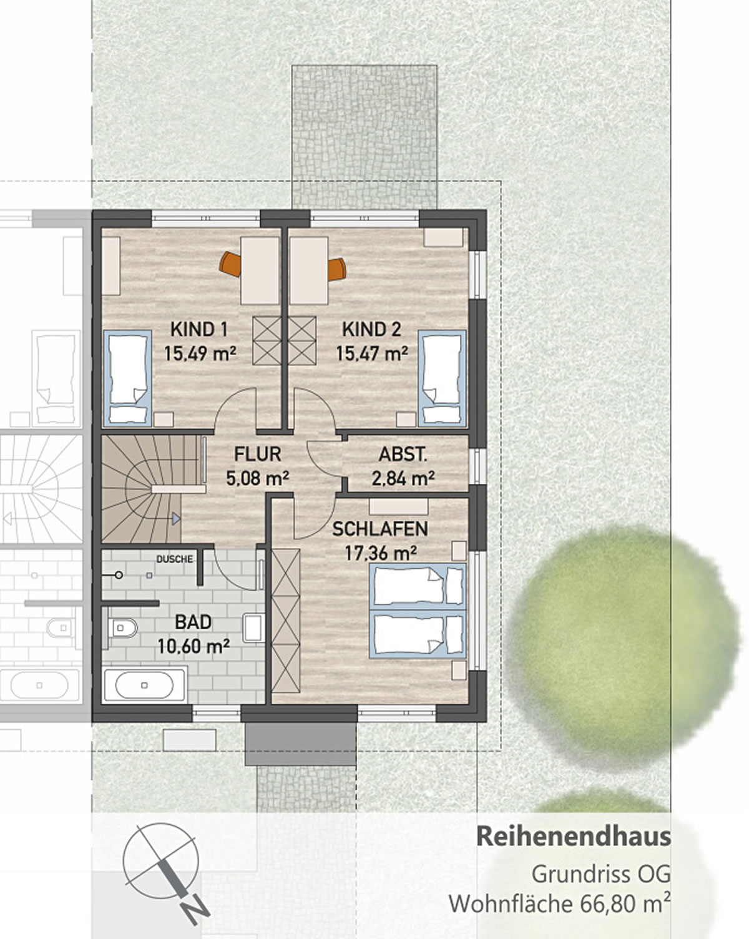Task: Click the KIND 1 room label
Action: click(x=198, y=329)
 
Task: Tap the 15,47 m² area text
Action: click(x=372, y=354)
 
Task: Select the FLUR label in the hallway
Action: click(x=257, y=454)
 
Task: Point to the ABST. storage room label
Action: click(x=403, y=455)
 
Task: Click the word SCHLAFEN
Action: click(x=379, y=529)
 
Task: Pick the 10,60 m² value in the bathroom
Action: click(x=193, y=646)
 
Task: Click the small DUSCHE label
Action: click(x=174, y=559)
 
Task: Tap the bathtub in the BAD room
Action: click(x=145, y=685)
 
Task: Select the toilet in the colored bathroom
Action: click(x=123, y=627)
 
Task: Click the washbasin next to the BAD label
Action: click(x=253, y=627)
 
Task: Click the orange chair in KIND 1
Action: click(x=230, y=264)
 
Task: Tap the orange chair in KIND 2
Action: click(x=337, y=269)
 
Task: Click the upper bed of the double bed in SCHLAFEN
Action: click(x=417, y=586)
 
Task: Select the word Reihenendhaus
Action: click(x=573, y=837)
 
